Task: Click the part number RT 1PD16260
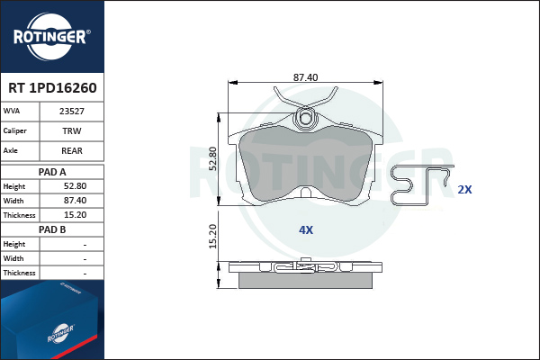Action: (52, 88)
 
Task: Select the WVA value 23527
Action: (72, 112)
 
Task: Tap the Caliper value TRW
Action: (72, 130)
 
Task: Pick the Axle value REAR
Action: (72, 150)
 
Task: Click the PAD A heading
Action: (52, 172)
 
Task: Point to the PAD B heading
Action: (52, 229)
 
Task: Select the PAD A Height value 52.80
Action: (75, 186)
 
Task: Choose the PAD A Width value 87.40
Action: (75, 201)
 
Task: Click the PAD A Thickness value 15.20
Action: (75, 215)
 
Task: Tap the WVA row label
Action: (12, 111)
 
